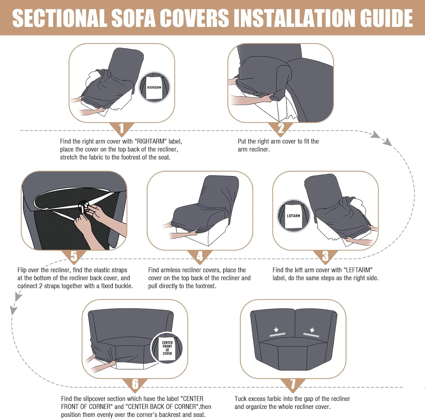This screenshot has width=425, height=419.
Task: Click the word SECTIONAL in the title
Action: [59, 18]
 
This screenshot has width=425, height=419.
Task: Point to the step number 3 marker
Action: [325, 256]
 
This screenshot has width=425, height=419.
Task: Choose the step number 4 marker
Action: [200, 256]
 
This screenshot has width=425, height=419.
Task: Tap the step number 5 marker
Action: [74, 256]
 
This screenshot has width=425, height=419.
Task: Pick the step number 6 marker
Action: [135, 384]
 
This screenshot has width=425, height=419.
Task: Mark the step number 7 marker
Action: [293, 384]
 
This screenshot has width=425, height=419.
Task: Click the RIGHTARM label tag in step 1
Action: [154, 87]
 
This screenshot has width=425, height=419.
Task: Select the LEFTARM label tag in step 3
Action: [293, 216]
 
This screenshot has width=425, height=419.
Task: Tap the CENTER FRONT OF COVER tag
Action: [167, 348]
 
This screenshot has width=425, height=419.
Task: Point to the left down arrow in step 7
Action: [276, 330]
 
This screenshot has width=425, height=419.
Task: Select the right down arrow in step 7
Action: [312, 330]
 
